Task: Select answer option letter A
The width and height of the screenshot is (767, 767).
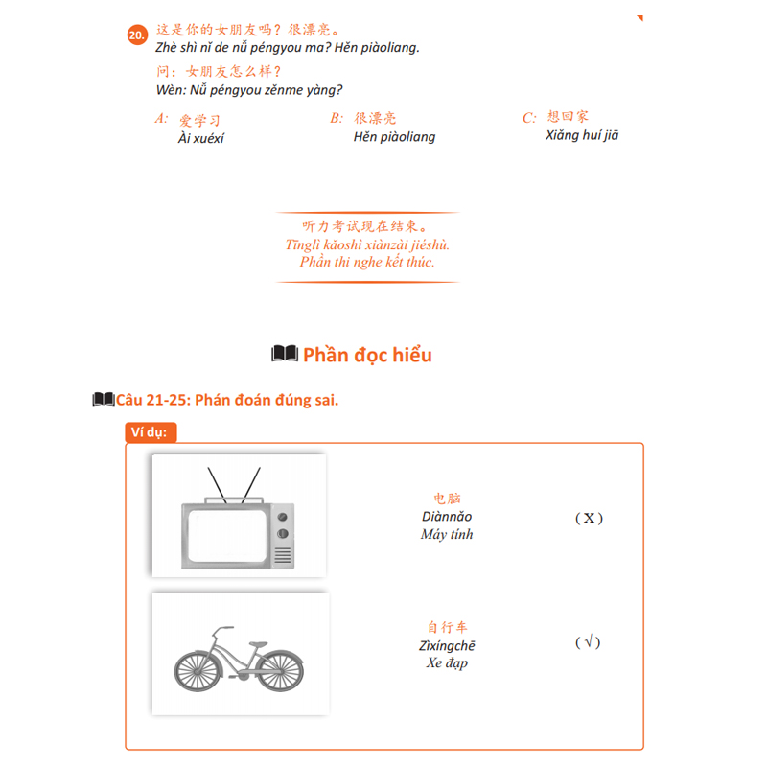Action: [x=160, y=119]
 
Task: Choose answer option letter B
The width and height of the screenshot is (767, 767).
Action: [x=337, y=118]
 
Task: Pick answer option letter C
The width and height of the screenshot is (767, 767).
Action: [x=529, y=118]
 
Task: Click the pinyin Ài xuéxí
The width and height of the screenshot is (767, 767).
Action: [x=201, y=138]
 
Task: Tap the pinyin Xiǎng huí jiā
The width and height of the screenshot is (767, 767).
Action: [x=582, y=135]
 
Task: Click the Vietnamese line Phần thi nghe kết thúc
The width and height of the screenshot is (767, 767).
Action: [x=367, y=262]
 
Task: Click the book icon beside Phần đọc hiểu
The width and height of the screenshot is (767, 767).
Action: [x=285, y=355]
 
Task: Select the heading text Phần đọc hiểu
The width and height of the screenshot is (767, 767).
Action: [x=367, y=355]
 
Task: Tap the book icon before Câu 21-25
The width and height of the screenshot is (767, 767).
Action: [x=104, y=400]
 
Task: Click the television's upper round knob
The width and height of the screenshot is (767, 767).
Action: [x=282, y=516]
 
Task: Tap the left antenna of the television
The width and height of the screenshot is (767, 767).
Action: [x=216, y=485]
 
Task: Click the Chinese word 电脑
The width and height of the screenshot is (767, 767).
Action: [x=447, y=499]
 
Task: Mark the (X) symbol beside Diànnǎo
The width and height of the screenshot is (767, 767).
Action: [x=589, y=519]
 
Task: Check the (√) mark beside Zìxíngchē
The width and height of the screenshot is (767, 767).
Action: [x=588, y=642]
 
